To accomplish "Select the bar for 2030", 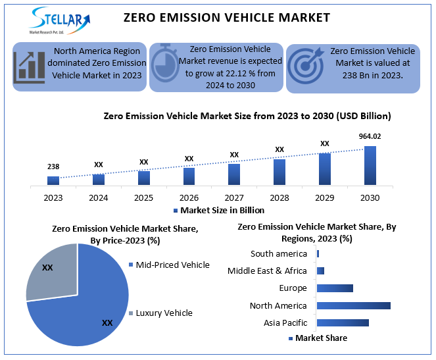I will point(370,166).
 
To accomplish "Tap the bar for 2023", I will point(53,180).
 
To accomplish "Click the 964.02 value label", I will point(370,136).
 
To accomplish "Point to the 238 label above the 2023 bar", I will point(53,167).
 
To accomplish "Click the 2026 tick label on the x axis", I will point(189,197).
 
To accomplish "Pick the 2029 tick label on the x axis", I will point(324,197).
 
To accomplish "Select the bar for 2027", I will point(234,174).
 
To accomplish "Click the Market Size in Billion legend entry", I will point(218,211).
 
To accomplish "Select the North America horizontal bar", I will point(353,305).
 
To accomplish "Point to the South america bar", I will point(318,253).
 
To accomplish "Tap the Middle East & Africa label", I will point(267,270).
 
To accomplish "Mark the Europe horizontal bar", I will point(335,288).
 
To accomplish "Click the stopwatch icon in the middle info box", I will point(166,65).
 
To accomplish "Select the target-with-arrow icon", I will point(306,66).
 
